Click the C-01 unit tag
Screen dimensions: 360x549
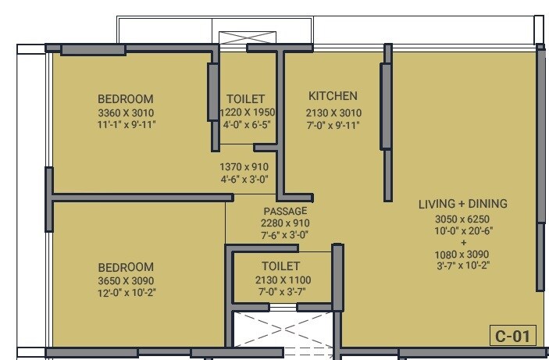513,337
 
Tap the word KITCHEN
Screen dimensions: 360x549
333,96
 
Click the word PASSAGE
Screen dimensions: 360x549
285,211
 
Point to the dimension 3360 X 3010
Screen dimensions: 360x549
125,112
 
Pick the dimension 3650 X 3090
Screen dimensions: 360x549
125,280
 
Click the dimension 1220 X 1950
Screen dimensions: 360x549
246,112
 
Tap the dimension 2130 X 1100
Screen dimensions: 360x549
282,280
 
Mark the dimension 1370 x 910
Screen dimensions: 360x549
244,166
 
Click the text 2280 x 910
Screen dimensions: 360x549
285,223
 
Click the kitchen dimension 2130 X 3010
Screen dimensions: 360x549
333,112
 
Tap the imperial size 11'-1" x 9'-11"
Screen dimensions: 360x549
125,124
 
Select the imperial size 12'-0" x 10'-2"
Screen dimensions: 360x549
125,292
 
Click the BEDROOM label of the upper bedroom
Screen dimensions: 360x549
125,99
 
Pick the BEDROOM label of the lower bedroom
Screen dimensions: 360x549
125,267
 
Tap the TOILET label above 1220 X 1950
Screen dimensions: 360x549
246,99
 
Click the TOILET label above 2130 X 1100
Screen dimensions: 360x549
282,266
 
